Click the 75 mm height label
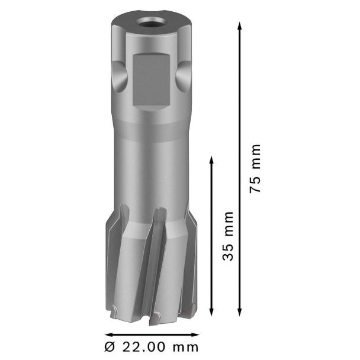(255, 168)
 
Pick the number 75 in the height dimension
(255, 184)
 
